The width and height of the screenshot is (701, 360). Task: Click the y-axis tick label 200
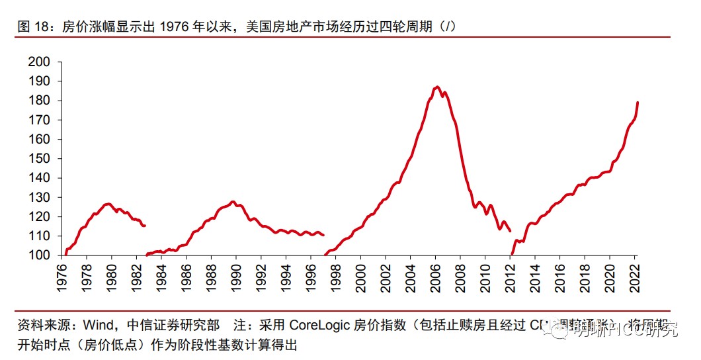point(40,62)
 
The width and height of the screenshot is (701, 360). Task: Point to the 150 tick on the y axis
point(40,159)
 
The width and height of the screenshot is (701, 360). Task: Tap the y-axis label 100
point(40,255)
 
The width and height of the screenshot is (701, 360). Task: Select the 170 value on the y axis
point(40,120)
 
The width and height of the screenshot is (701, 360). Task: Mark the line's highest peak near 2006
point(437,87)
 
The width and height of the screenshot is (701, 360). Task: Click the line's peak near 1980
point(108,204)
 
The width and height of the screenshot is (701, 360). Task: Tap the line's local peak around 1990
point(232,201)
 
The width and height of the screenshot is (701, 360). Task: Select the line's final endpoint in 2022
point(638,103)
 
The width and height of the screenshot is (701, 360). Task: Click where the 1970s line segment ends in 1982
point(145,226)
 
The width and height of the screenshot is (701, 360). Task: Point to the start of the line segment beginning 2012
point(512,254)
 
